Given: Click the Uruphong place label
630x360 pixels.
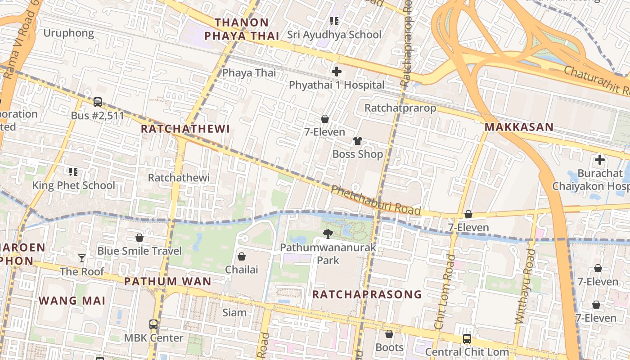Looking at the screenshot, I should [68, 33].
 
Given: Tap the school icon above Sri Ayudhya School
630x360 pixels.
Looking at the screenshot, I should [334, 21].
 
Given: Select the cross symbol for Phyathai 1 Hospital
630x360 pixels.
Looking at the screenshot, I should [336, 72].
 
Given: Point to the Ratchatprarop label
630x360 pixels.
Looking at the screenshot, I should [400, 108].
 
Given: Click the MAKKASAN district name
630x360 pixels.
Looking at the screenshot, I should [519, 127].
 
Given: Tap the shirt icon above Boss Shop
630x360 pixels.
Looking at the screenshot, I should [357, 141].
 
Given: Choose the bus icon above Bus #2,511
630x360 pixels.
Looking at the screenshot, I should [97, 102].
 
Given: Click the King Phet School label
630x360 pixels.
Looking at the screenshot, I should [73, 185].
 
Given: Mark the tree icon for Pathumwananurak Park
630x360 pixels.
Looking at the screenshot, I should [328, 234].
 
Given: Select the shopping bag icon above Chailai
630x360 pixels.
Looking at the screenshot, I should [242, 256].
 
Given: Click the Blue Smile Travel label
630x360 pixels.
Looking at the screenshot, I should [139, 251].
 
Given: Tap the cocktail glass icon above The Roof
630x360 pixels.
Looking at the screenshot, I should [81, 258].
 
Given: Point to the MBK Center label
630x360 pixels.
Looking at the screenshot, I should [153, 337].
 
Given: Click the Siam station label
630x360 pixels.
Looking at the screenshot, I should [234, 312].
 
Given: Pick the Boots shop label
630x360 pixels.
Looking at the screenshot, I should [389, 347].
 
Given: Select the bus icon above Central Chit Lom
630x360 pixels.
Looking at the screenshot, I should [467, 338].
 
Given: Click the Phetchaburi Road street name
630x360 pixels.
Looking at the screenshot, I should [376, 200].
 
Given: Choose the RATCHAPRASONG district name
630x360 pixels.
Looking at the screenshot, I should [367, 294].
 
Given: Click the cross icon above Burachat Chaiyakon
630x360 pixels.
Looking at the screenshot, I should [599, 160].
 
